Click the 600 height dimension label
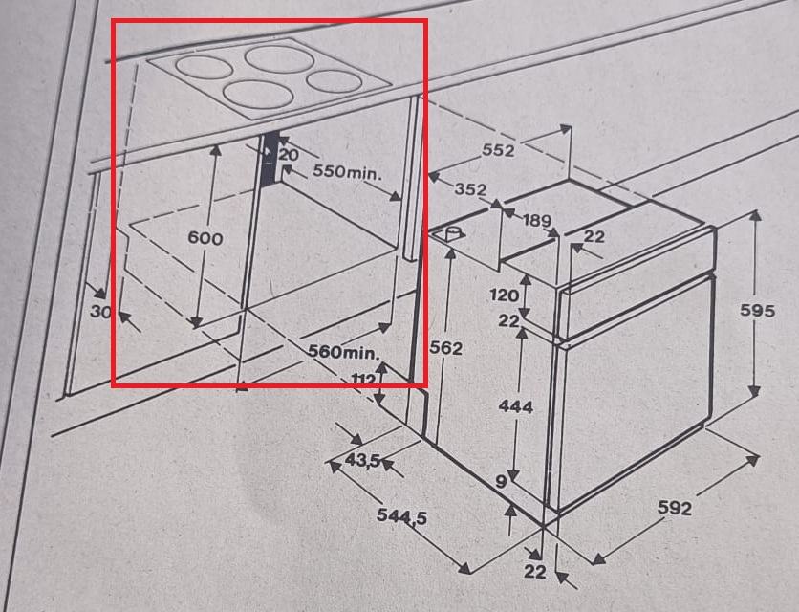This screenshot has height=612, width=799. (205, 238)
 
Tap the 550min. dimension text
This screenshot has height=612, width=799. (347, 171)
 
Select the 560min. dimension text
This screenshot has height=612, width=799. (344, 351)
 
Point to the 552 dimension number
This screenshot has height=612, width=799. (498, 150)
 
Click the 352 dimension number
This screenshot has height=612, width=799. (470, 189)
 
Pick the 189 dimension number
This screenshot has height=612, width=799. (537, 221)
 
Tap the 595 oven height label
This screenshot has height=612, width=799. (757, 310)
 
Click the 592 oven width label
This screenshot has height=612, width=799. (675, 508)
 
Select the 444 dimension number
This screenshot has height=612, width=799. (516, 406)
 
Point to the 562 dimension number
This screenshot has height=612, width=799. (446, 348)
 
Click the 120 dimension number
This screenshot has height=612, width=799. (504, 295)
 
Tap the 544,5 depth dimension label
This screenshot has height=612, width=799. (402, 516)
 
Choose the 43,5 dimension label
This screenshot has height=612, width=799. (363, 461)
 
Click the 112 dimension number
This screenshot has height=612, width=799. (364, 380)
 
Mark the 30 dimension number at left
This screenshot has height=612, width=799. (100, 311)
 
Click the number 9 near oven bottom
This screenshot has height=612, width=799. (501, 481)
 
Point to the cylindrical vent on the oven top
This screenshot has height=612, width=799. (451, 235)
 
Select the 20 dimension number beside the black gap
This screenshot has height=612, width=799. (289, 155)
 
